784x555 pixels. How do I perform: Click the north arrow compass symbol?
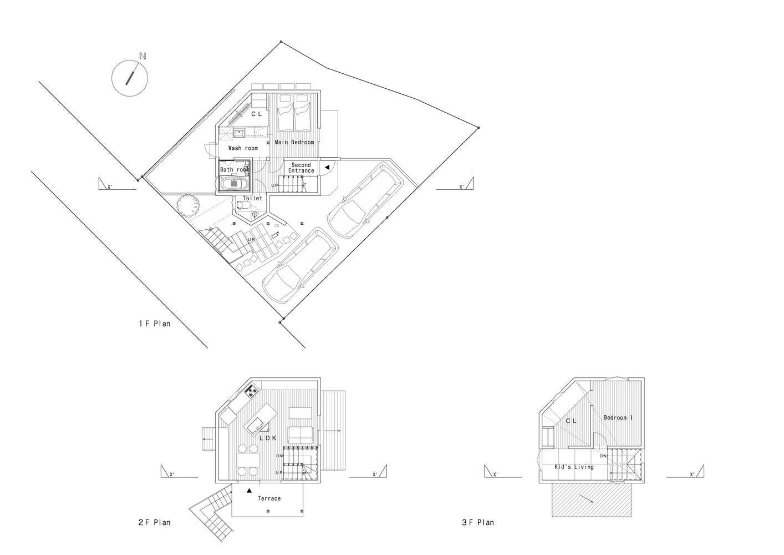click(130, 76)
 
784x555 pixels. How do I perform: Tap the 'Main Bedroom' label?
click(294, 143)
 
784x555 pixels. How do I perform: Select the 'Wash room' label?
click(243, 148)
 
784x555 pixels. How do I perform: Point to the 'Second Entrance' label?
click(301, 168)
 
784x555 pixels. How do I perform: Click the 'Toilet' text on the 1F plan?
click(252, 198)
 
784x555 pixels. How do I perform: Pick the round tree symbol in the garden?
click(189, 206)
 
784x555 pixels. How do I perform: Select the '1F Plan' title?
click(155, 323)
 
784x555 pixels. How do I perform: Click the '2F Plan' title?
click(154, 522)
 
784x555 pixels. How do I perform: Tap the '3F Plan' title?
click(477, 522)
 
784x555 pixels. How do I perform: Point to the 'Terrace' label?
click(269, 498)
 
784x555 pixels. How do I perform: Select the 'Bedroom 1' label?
click(618, 417)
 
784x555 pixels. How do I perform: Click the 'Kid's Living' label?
click(574, 467)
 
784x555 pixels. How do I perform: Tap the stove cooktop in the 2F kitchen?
click(251, 392)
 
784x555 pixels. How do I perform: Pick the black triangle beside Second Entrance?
click(327, 167)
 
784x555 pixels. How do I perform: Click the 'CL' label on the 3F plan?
click(571, 421)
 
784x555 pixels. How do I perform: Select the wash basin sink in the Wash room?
click(240, 133)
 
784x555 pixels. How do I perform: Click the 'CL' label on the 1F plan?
click(256, 114)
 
